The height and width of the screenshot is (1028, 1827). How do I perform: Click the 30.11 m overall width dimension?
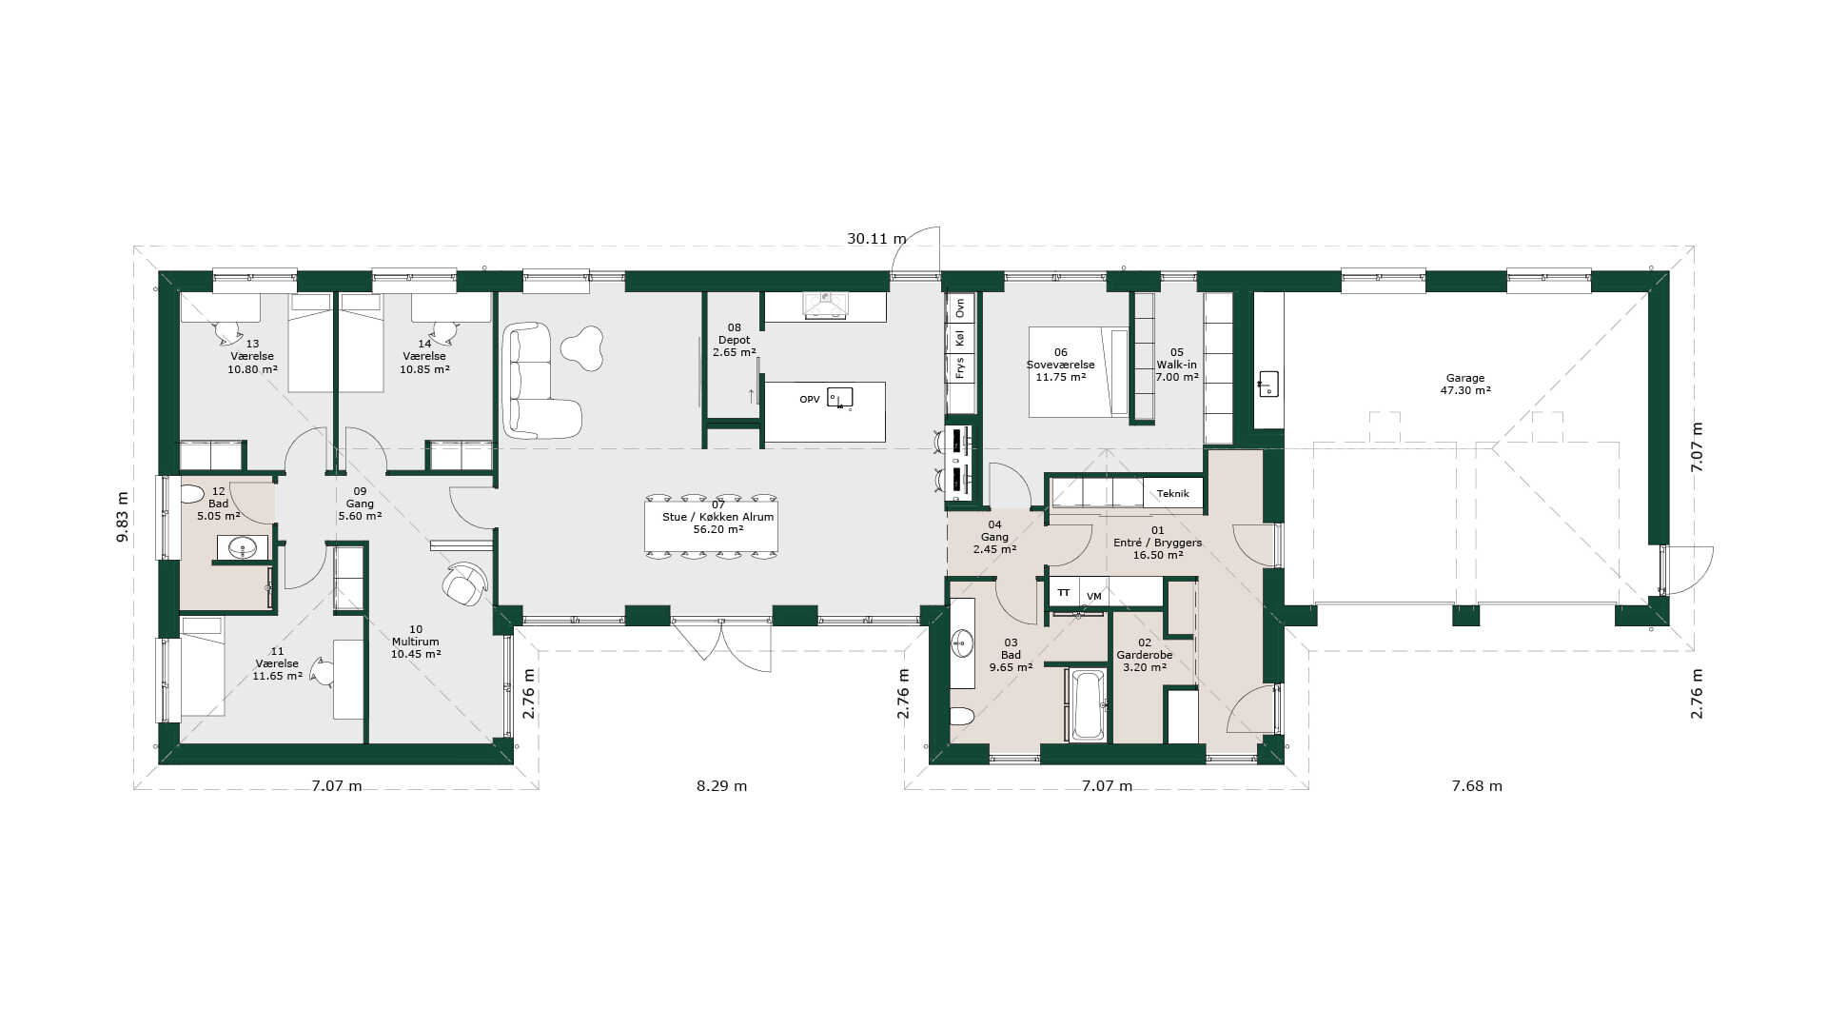(876, 239)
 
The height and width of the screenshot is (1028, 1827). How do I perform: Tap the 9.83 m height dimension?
(123, 517)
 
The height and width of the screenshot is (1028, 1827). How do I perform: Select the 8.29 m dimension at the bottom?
(721, 786)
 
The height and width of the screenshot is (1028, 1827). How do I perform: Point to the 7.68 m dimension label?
(1477, 786)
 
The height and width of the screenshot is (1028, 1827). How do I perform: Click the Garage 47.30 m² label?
(1465, 384)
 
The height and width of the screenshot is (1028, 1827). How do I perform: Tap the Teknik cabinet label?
(1173, 494)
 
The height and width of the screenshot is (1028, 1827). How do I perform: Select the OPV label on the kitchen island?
(810, 400)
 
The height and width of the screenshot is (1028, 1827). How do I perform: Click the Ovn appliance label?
(960, 307)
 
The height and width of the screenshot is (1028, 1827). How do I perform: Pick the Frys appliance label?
(960, 368)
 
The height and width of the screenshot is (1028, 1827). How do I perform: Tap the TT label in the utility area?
(1064, 593)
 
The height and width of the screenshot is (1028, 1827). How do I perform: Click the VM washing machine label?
(1094, 597)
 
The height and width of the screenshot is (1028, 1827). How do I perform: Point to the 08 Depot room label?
(735, 340)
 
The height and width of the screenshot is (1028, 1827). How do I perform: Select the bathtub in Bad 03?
(1089, 705)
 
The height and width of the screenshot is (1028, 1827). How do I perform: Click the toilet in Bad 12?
(192, 494)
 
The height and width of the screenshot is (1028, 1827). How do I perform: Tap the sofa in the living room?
(538, 381)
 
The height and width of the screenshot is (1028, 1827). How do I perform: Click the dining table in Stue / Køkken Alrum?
(711, 524)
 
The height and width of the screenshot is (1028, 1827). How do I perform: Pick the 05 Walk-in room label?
(1177, 365)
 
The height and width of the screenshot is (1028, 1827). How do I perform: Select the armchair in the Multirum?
(464, 583)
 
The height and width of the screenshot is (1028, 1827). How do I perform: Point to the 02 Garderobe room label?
(1145, 655)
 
